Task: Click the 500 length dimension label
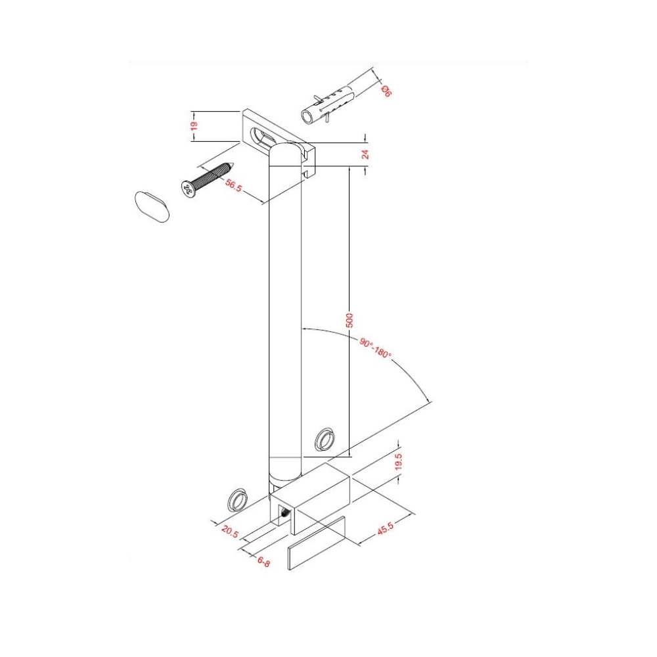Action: click(350, 320)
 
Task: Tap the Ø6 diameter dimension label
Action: click(386, 91)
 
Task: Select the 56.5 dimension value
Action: click(233, 185)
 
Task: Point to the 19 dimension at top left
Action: click(194, 125)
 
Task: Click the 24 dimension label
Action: click(366, 154)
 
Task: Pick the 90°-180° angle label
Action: click(374, 348)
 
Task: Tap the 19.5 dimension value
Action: click(399, 462)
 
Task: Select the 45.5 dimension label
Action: click(385, 528)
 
